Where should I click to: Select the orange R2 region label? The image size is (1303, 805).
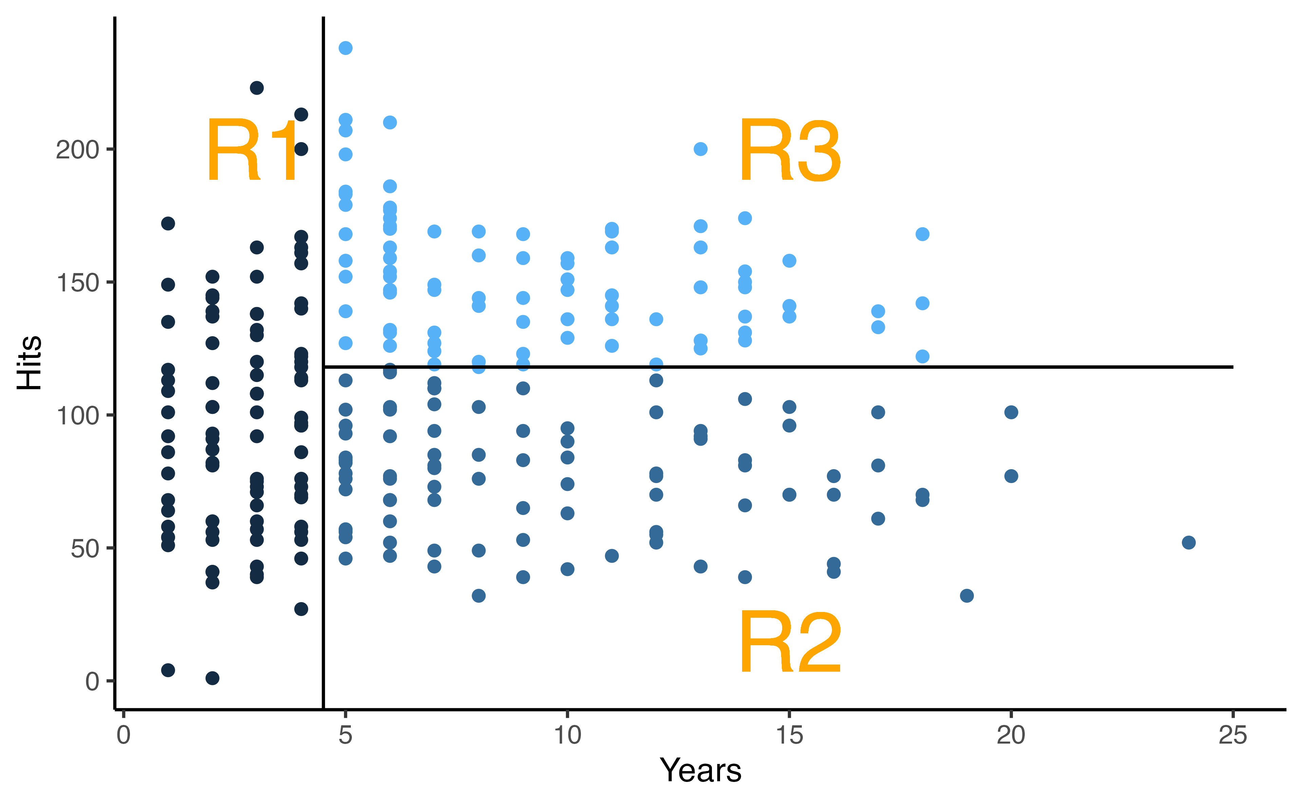click(x=790, y=643)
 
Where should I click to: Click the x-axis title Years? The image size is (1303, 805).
click(x=700, y=770)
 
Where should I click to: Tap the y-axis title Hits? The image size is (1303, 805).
click(x=29, y=363)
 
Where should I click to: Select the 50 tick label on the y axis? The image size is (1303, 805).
click(x=85, y=549)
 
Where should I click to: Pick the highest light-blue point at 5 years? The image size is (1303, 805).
click(x=345, y=48)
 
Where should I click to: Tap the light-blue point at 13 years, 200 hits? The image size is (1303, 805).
click(x=701, y=149)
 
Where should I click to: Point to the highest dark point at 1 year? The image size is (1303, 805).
click(x=168, y=224)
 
